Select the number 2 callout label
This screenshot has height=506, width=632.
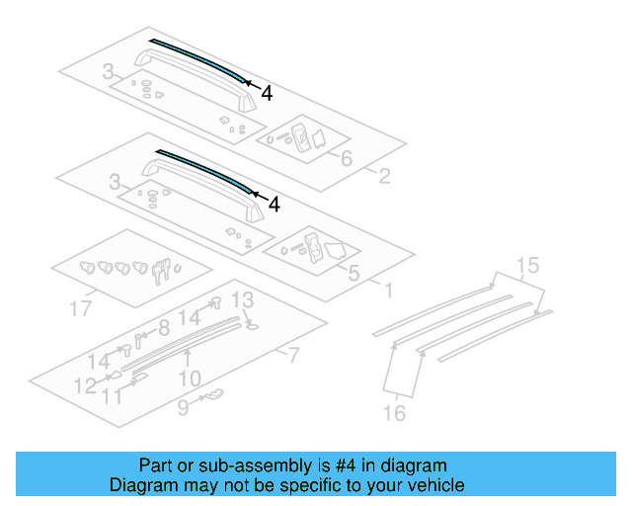[x=384, y=177]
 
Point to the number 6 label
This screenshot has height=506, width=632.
[x=347, y=158]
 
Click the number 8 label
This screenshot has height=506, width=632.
[x=164, y=327]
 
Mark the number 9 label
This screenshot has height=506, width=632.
[x=184, y=405]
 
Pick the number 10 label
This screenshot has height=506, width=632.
[x=190, y=377]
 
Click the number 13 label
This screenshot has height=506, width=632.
[x=242, y=300]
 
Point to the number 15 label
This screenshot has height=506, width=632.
[x=527, y=265]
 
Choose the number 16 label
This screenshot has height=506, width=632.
[x=394, y=413]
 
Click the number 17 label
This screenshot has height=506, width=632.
[x=81, y=309]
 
